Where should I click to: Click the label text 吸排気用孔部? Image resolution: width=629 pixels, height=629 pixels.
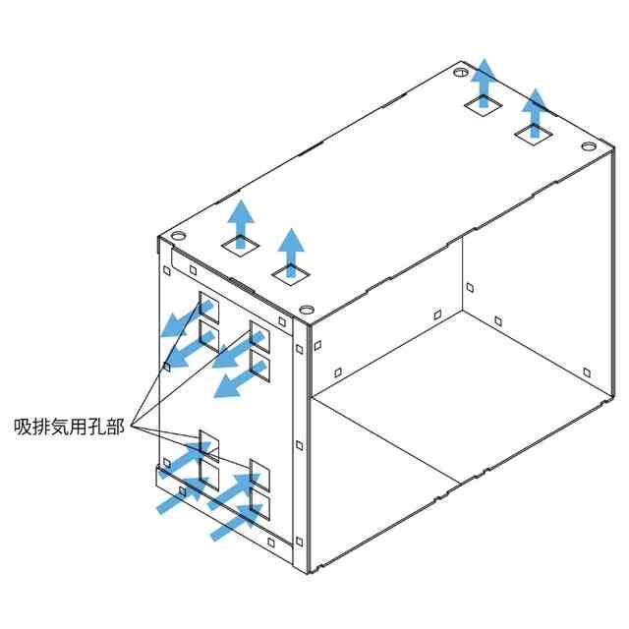(69, 427)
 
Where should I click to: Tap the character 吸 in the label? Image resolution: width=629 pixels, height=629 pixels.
(23, 427)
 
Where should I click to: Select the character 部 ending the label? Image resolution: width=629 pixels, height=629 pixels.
(116, 427)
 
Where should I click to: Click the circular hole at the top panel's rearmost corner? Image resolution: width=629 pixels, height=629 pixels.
(461, 73)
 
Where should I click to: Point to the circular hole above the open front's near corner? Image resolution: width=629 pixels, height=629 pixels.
(307, 310)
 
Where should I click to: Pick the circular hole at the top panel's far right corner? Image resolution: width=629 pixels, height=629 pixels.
(589, 146)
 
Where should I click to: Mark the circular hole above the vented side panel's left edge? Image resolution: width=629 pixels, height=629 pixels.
(179, 236)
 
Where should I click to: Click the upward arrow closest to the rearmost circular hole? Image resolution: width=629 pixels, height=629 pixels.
(485, 83)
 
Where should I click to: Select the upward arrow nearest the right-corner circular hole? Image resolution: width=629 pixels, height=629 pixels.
(535, 113)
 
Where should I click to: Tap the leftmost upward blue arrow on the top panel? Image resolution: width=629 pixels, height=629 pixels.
(241, 224)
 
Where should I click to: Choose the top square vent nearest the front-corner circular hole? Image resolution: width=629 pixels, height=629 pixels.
(291, 274)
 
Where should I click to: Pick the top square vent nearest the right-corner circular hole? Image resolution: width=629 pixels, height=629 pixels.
(534, 135)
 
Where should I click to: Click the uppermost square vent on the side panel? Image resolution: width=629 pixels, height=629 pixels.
(209, 308)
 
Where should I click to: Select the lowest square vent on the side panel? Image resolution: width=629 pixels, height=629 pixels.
(259, 504)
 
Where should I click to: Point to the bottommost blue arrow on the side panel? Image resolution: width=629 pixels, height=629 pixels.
(236, 522)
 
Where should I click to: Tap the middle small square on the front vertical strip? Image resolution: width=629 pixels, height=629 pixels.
(299, 445)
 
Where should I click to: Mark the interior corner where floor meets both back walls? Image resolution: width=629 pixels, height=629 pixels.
(463, 310)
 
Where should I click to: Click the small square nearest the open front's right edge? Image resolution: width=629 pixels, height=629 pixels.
(587, 372)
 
